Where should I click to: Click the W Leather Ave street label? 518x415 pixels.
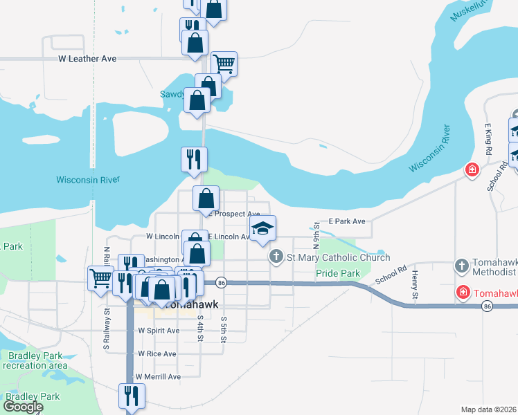[x=87, y=59]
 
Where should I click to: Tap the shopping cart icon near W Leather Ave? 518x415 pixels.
[x=224, y=64]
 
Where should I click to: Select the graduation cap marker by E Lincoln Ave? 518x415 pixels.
[x=262, y=229]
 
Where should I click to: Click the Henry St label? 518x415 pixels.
[x=414, y=285]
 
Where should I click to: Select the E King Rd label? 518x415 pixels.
[x=488, y=140]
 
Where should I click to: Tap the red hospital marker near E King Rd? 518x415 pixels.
[x=472, y=169]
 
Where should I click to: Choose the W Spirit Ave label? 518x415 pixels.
[x=159, y=331]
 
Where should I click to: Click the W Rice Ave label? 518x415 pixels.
[x=157, y=353]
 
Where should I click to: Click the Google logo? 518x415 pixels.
[x=22, y=407]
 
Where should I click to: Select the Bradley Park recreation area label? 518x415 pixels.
[x=35, y=360]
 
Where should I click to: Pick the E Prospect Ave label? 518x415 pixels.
[x=235, y=214]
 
